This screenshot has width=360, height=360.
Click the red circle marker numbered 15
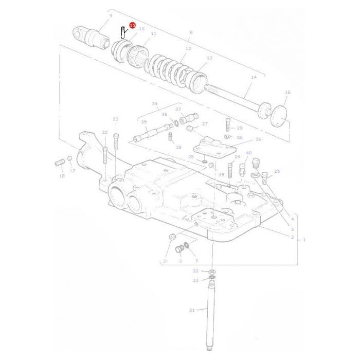click(133, 25)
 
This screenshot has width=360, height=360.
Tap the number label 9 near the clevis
click(111, 16)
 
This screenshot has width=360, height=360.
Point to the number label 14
click(253, 77)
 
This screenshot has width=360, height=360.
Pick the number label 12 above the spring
click(188, 48)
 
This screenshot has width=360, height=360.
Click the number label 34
click(155, 103)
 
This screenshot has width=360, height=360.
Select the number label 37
click(178, 109)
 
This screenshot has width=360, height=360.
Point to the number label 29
click(240, 128)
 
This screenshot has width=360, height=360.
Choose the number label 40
click(249, 153)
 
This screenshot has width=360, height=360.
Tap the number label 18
click(62, 176)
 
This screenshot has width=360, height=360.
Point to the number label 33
click(195, 280)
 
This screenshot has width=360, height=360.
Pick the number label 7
click(196, 261)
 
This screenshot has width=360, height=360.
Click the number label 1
click(304, 240)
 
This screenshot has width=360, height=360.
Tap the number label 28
click(191, 157)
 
